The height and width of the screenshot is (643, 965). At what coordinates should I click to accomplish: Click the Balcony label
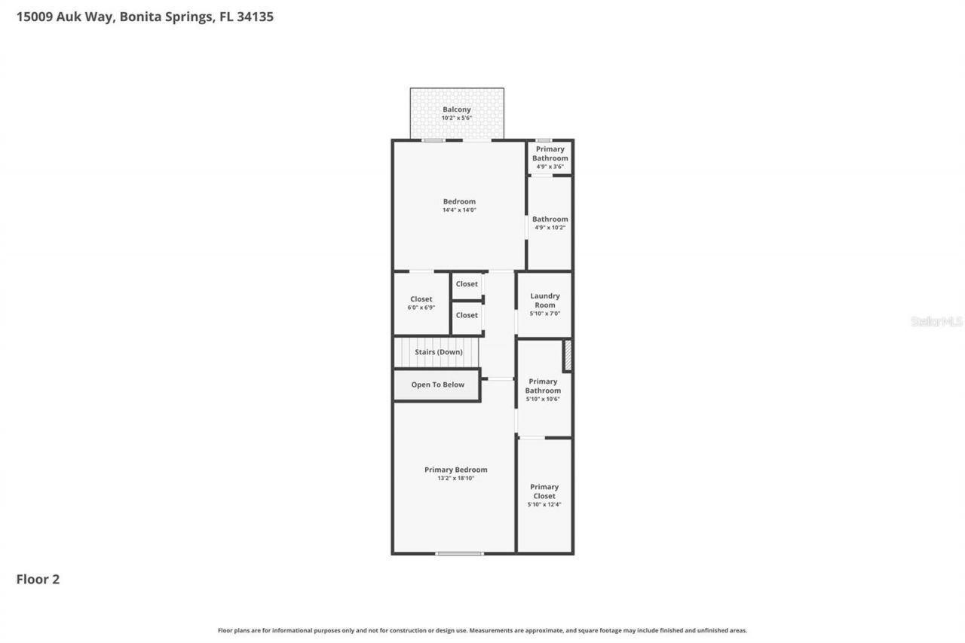click(x=456, y=109)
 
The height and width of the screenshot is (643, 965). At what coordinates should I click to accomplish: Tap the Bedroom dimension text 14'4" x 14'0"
click(x=459, y=210)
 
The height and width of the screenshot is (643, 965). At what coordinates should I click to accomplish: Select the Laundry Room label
click(x=544, y=300)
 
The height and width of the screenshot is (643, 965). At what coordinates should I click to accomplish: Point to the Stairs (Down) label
click(x=438, y=352)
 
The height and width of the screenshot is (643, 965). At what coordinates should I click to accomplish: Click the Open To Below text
click(x=437, y=384)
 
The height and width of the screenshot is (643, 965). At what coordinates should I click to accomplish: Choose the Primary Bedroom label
click(x=455, y=470)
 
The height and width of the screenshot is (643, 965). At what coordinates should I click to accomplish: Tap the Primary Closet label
click(x=544, y=491)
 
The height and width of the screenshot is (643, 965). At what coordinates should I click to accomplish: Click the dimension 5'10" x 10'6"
click(x=543, y=399)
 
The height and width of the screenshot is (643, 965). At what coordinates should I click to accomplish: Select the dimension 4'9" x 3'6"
click(x=550, y=167)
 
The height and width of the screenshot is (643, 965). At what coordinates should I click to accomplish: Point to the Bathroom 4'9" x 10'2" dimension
click(x=550, y=228)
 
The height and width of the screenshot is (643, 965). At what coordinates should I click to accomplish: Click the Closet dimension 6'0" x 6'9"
click(x=421, y=308)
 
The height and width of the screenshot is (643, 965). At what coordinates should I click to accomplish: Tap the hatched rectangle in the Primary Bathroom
click(x=568, y=356)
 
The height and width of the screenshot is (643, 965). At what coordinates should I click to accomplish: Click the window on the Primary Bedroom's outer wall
click(x=459, y=553)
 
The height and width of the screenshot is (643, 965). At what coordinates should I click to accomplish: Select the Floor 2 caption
click(x=38, y=579)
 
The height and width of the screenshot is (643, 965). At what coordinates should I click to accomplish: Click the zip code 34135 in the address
click(x=255, y=17)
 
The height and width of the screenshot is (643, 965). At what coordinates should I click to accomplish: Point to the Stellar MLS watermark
click(x=936, y=321)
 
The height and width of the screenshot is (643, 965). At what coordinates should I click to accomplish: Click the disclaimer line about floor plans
click(x=482, y=630)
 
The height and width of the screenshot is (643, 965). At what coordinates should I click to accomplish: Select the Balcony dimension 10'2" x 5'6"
click(x=456, y=118)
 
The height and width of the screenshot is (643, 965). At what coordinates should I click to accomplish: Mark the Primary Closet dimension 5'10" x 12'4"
click(x=544, y=504)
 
